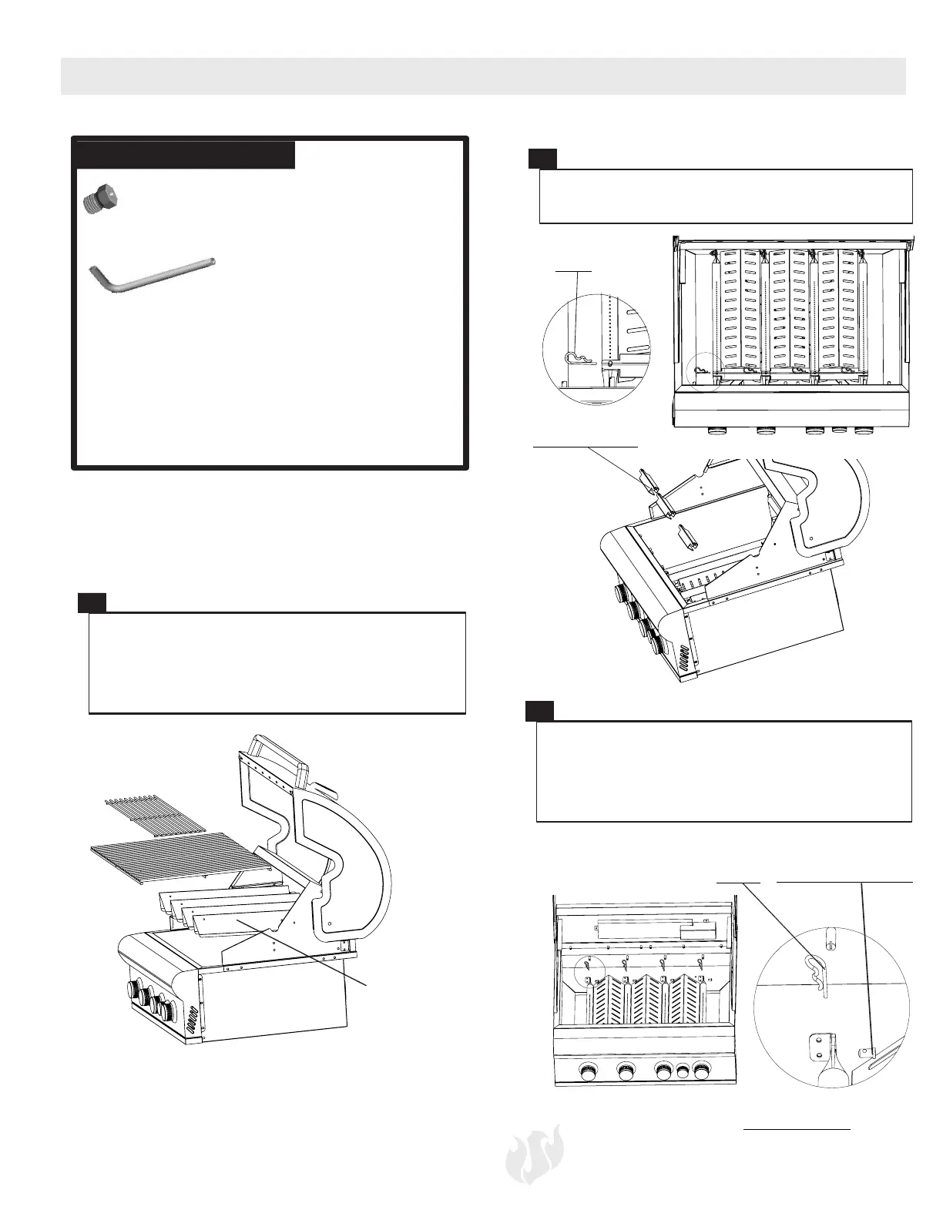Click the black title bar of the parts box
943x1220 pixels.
pos(185,154)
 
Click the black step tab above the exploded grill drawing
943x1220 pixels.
pos(92,602)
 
